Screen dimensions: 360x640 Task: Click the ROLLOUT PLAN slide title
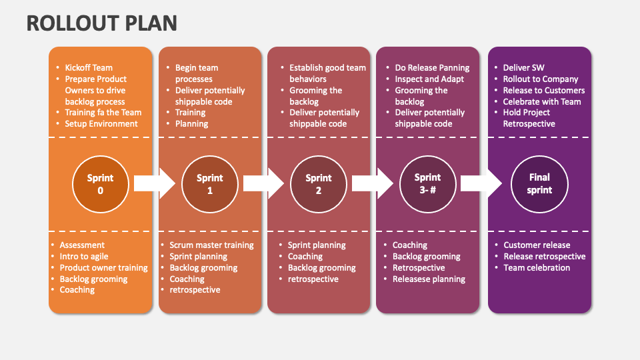coord(102,23)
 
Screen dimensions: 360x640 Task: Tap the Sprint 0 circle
coord(100,183)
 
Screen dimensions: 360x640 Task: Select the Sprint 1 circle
coord(209,183)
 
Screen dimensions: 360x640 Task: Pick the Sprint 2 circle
coord(318,183)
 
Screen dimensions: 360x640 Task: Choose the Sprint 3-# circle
coord(427,183)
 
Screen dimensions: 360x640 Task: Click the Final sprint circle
coord(539,183)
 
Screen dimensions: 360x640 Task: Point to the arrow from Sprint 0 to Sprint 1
coord(154,183)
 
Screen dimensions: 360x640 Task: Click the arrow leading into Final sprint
coord(481,183)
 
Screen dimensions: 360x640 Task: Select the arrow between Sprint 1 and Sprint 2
coord(263,183)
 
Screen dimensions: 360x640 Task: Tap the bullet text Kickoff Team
coord(89,67)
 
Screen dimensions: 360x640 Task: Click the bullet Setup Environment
coord(101,123)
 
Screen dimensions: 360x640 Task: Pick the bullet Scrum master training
coord(211,245)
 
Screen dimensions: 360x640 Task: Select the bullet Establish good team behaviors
coord(327,73)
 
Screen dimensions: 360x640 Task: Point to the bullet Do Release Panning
coord(432,67)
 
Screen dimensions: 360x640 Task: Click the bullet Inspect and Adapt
coord(429,79)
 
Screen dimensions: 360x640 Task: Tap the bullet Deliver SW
coord(524,67)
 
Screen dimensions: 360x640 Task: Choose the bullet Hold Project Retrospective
coord(529,118)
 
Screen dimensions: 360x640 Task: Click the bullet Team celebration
coord(537,267)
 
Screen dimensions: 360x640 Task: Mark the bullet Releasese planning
coord(429,279)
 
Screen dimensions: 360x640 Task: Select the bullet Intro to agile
coord(84,256)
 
